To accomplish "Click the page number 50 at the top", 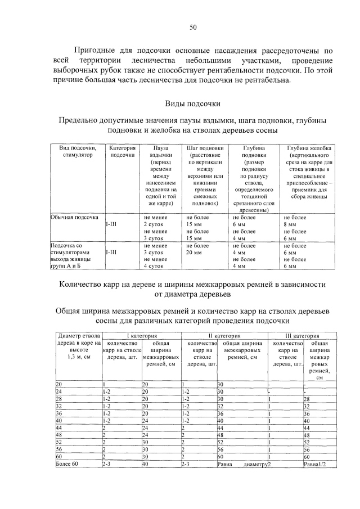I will tap(192, 27).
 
